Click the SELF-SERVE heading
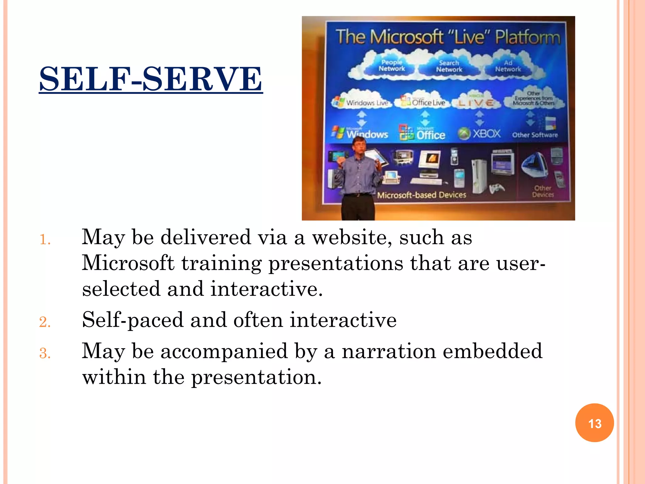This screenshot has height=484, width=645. click(x=151, y=79)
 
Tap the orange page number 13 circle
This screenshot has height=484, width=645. click(x=594, y=423)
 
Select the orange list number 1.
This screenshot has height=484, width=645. click(x=45, y=240)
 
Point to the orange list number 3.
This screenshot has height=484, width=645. click(x=45, y=354)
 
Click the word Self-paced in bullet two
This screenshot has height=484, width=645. click(x=132, y=320)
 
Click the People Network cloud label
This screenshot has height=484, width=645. click(x=391, y=66)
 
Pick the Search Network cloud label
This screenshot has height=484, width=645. click(x=449, y=66)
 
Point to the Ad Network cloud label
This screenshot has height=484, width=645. click(x=508, y=66)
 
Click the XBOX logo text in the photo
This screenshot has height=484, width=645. click(x=486, y=134)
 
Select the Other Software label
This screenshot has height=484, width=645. click(x=534, y=135)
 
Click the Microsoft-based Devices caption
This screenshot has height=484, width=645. click(x=421, y=195)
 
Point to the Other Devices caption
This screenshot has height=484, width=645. click(x=543, y=191)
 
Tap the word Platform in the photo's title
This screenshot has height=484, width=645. click(x=528, y=37)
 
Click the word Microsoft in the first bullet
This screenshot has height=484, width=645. click(x=128, y=263)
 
